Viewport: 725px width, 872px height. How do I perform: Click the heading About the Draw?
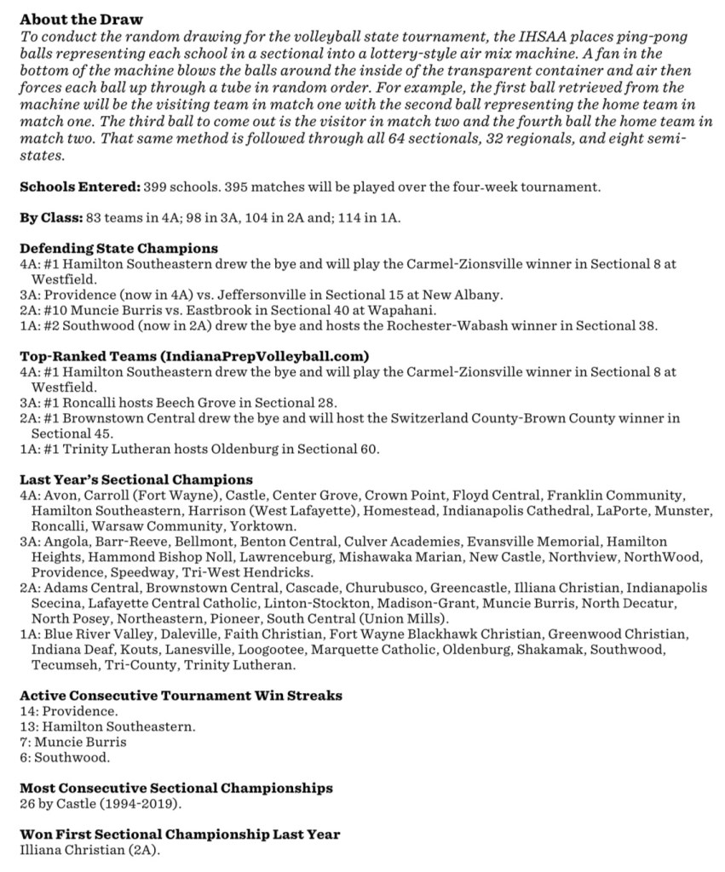[81, 20]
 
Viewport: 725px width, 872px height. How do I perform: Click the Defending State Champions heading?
[118, 249]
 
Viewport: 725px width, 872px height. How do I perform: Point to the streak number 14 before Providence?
[27, 710]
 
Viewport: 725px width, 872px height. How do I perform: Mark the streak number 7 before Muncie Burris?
[24, 741]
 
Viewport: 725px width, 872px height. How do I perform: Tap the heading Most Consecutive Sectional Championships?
[175, 788]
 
